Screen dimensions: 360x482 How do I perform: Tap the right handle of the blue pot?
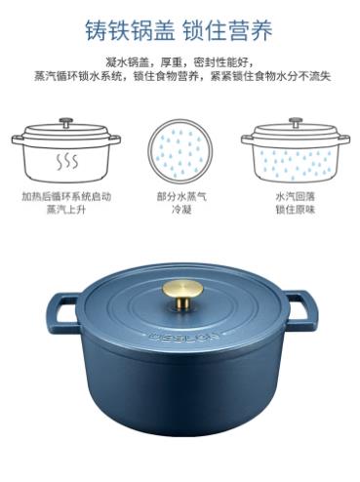pos(301,310)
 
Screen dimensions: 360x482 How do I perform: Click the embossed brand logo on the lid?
pos(184,336)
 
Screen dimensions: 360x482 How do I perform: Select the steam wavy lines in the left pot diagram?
pos(67,160)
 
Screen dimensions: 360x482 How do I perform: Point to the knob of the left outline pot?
pos(66,123)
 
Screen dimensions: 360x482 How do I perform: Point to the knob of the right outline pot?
pos(296,123)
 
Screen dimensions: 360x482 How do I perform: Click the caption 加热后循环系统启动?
pos(66,197)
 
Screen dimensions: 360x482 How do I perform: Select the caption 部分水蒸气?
pos(181,197)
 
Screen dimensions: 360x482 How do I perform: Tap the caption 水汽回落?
pos(296,197)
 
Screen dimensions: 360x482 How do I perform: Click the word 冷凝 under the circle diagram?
pos(181,210)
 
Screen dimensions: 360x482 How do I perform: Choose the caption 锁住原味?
pos(296,210)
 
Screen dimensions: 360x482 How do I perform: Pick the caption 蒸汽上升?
pos(66,210)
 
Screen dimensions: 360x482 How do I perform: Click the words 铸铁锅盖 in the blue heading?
pos(130,30)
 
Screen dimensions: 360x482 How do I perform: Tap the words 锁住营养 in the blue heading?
pos(227,30)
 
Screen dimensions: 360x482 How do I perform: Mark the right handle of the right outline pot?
pos(343,140)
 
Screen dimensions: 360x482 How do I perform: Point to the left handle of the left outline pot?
pos(18,140)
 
